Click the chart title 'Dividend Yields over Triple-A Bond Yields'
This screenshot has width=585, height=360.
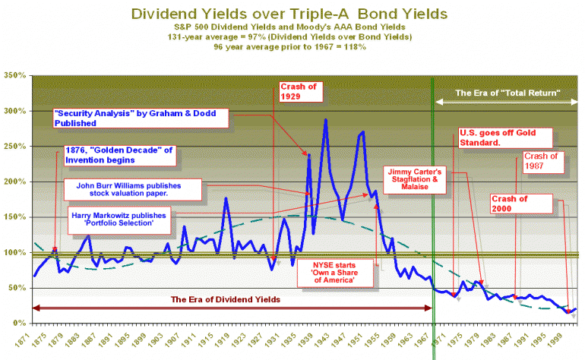pos(289,14)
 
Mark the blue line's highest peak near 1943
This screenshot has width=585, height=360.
pos(326,119)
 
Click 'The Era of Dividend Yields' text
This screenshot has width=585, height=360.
pos(225,299)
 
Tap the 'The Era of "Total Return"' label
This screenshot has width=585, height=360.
pos(508,93)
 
